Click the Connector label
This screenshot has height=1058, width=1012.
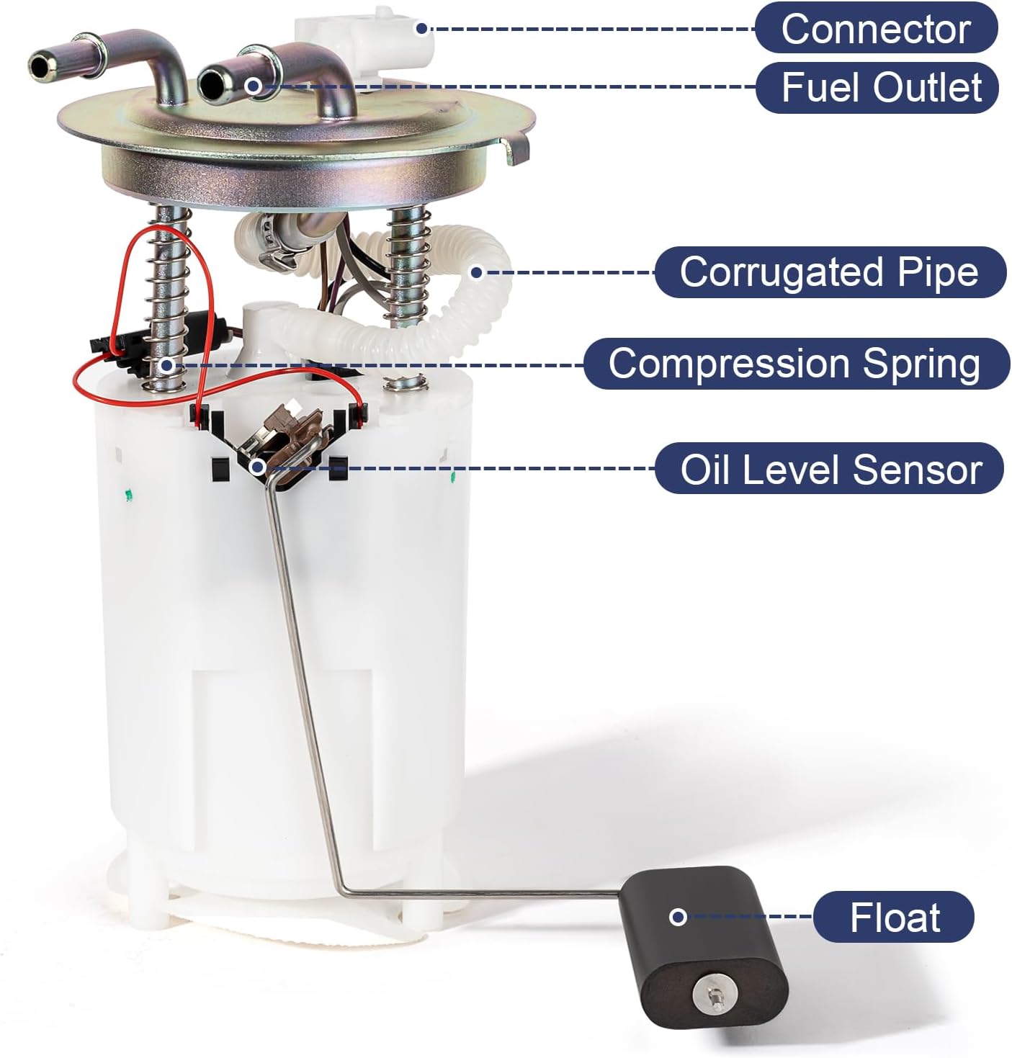876,29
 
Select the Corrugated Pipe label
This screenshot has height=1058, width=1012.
829,272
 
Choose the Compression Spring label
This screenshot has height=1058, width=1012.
794,363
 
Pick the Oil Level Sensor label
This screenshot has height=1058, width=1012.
830,469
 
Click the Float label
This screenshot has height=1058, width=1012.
895,917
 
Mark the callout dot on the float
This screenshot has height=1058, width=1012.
677,917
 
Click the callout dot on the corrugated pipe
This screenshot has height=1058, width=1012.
476,272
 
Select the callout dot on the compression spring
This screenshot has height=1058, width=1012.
166,364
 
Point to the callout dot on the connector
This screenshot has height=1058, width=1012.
422,28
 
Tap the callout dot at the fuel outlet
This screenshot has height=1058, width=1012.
252,86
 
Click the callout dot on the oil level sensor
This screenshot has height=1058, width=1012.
257,467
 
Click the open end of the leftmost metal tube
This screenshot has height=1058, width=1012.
40,66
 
